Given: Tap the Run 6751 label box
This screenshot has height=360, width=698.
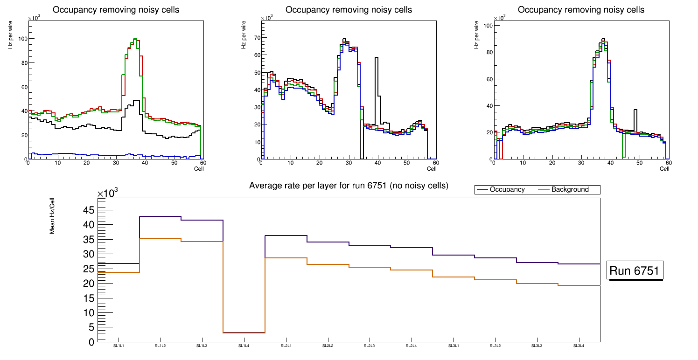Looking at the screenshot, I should (x=635, y=271).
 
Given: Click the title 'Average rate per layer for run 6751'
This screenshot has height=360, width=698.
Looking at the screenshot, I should (x=349, y=186).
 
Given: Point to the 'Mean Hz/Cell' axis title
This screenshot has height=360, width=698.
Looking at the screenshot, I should (x=53, y=217).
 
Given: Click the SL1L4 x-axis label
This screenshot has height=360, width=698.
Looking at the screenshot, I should (x=244, y=346).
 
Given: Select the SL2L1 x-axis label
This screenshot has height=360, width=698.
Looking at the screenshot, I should (x=286, y=346).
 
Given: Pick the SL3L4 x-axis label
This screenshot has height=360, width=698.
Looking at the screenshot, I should (x=579, y=346).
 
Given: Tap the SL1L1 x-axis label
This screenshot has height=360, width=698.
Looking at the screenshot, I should (x=119, y=346).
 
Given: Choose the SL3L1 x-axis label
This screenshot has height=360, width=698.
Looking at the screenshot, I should (x=453, y=346).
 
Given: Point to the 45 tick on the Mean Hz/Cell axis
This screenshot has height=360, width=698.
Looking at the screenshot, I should (x=89, y=210).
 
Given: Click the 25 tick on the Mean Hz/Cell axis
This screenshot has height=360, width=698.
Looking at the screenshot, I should (x=89, y=269).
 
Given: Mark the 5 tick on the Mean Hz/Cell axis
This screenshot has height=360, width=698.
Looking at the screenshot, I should (x=91, y=327).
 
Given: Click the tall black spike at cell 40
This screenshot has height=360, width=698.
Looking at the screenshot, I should (x=376, y=58).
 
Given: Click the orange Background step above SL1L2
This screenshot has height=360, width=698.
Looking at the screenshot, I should (x=160, y=238).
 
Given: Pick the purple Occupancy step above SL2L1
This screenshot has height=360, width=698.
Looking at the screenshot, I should (x=286, y=235).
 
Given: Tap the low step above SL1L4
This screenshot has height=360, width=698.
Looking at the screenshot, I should (x=244, y=332).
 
